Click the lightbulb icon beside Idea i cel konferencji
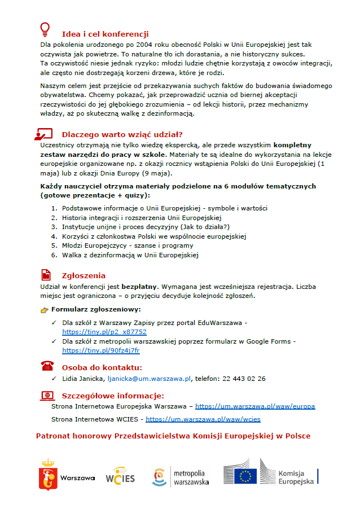45,28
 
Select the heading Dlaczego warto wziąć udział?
122,134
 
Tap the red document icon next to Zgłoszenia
46,275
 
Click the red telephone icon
46,366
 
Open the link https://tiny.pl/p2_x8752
104,332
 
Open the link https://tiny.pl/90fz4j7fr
101,350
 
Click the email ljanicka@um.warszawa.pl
150,379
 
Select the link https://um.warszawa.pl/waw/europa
255,406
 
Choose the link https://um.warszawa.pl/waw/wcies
203,419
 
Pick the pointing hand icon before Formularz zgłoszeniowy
45,310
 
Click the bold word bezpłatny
138,287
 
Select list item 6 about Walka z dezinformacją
130,255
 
